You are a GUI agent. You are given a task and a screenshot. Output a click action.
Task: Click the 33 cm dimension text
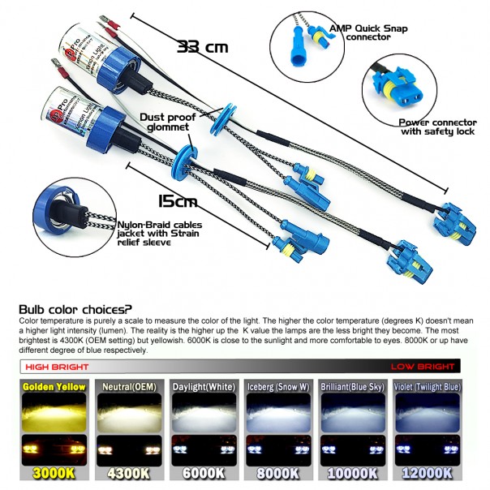202,46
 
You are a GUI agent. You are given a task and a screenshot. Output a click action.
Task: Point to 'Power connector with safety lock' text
436,127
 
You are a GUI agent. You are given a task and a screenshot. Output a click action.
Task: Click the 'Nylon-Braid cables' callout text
163,229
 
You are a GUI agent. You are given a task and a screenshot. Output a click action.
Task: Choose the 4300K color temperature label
126,471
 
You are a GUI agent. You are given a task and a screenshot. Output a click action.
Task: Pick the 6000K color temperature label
204,471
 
